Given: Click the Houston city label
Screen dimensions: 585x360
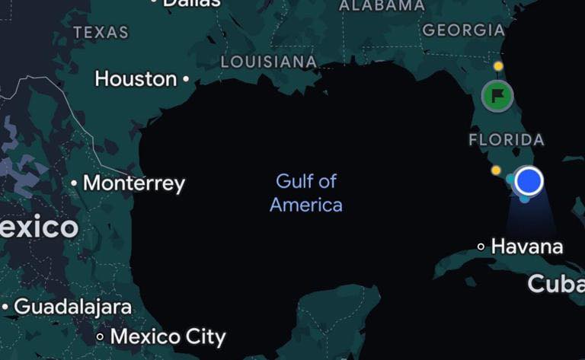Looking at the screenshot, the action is [x=136, y=78].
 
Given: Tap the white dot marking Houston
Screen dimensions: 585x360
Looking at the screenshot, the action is [x=186, y=78].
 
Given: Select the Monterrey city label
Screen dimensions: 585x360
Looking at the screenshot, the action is [x=133, y=183].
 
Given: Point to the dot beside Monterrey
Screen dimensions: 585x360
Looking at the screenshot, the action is [x=74, y=183].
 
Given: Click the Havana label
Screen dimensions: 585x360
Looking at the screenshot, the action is [x=527, y=247].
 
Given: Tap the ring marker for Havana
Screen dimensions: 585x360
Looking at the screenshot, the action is [x=481, y=247].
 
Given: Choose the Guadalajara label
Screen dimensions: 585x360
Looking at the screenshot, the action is [x=72, y=307].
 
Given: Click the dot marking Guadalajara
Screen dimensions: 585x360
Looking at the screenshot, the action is [x=5, y=307].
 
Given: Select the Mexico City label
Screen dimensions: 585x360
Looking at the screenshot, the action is [x=168, y=336].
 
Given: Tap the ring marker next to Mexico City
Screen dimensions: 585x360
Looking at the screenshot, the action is [x=100, y=336].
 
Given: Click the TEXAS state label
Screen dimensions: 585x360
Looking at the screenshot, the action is [x=101, y=33].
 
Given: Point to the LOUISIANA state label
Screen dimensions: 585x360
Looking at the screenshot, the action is [x=268, y=62].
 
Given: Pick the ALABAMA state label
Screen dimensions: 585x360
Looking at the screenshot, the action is [x=382, y=5].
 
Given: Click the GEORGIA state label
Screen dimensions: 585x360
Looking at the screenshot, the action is [x=463, y=30].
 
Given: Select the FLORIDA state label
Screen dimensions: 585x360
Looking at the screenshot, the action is [x=507, y=140].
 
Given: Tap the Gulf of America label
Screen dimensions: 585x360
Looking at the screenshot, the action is [x=306, y=193].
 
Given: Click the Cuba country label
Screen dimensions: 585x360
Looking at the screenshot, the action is [x=556, y=284].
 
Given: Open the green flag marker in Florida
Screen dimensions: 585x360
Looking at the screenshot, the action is [x=497, y=96].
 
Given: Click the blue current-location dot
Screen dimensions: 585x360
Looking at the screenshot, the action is [x=529, y=181].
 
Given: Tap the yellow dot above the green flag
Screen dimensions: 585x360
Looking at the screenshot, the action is [x=498, y=66].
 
